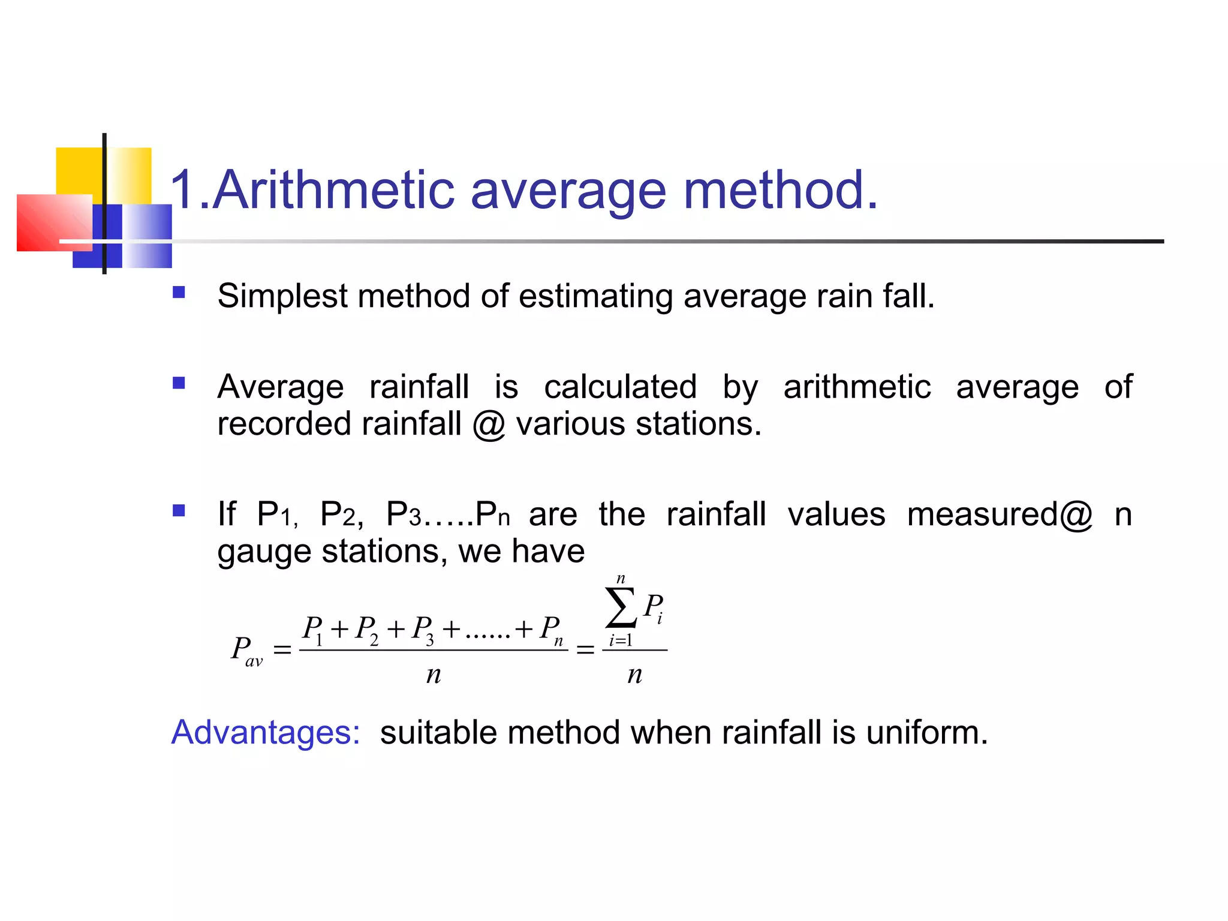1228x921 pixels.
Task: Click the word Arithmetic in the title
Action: pyautogui.click(x=333, y=191)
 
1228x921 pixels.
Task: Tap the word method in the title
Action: pyautogui.click(x=779, y=191)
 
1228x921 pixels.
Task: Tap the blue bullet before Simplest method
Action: pyautogui.click(x=179, y=293)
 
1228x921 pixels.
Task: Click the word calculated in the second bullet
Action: pyautogui.click(x=620, y=387)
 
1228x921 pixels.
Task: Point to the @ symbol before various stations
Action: pyautogui.click(x=489, y=425)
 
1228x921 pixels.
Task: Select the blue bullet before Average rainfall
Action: pyautogui.click(x=179, y=383)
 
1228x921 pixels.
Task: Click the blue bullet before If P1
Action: pyautogui.click(x=179, y=510)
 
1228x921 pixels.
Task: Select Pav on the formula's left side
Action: pyautogui.click(x=246, y=650)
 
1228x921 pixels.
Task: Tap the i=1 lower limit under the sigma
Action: pyautogui.click(x=621, y=640)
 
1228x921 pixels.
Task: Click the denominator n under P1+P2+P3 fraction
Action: pyautogui.click(x=434, y=675)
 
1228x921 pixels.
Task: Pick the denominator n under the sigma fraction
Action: pyautogui.click(x=634, y=675)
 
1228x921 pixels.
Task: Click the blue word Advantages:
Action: pyautogui.click(x=266, y=733)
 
